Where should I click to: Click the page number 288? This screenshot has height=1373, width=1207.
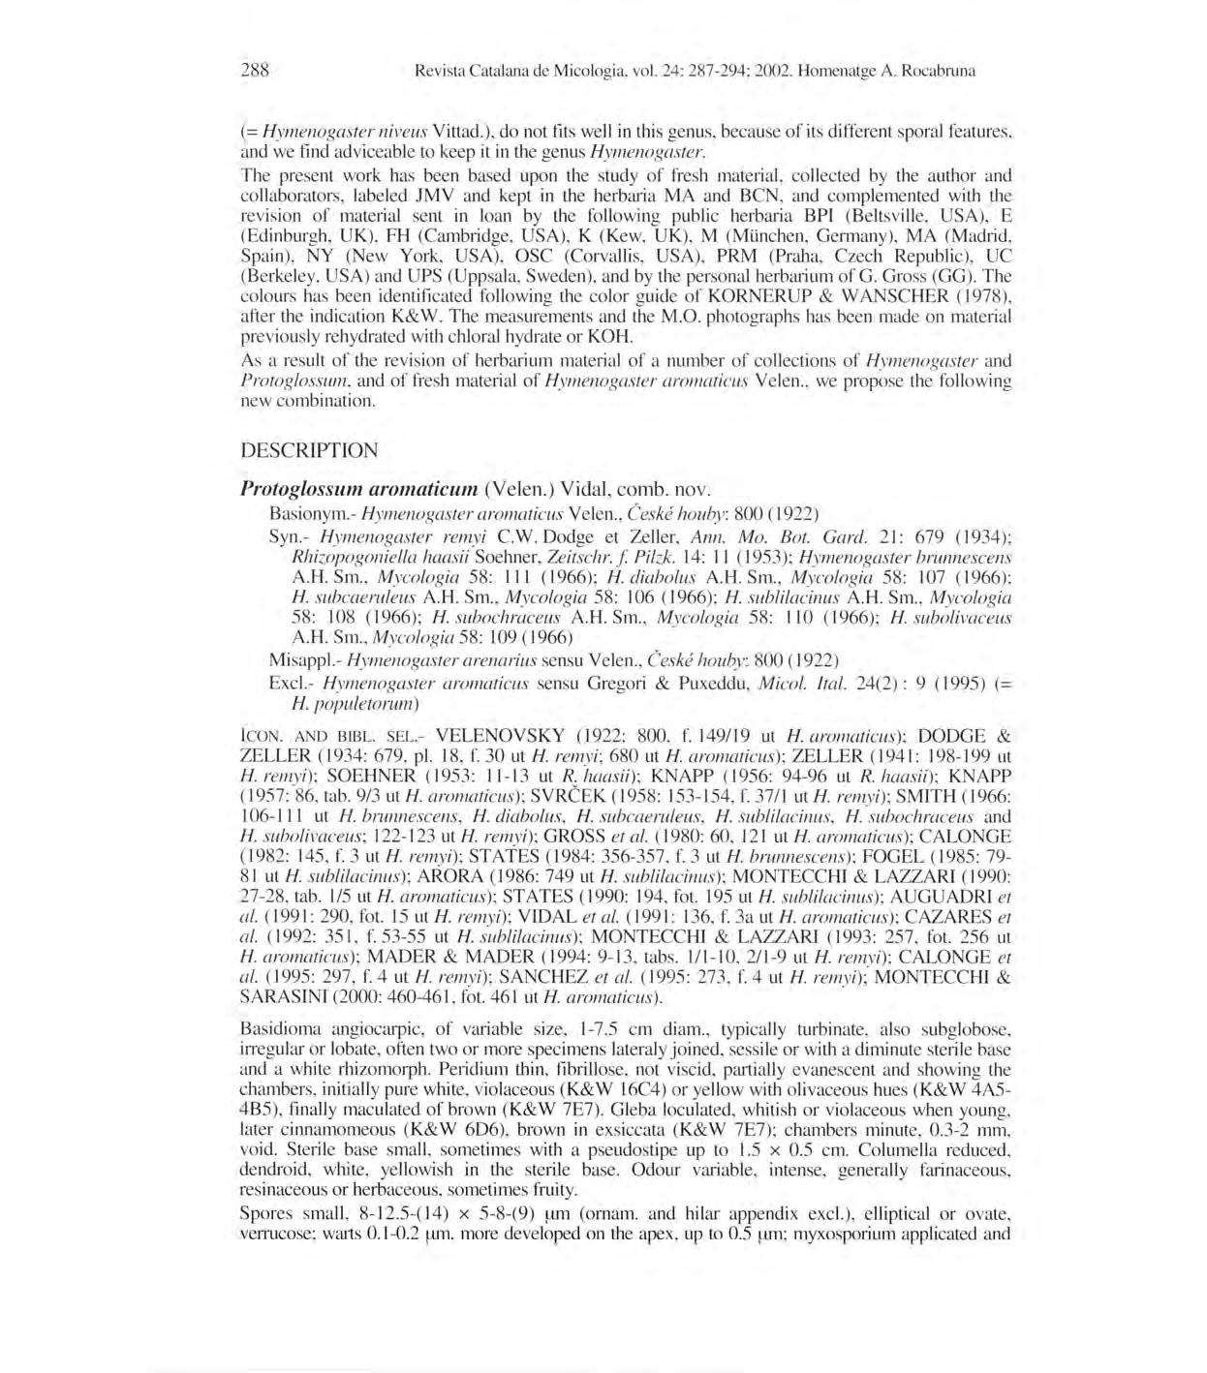[x=254, y=70]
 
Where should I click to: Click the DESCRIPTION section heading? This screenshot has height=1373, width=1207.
[x=309, y=450]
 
